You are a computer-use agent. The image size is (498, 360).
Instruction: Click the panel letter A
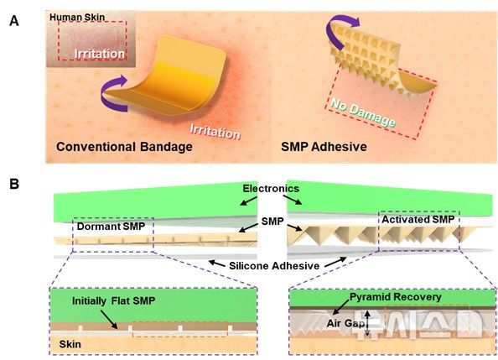coord(14,21)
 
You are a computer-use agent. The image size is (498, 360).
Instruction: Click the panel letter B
coord(14,184)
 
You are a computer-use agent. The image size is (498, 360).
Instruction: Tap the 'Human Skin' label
coord(77,17)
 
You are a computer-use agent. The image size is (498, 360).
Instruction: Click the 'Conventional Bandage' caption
coord(124,147)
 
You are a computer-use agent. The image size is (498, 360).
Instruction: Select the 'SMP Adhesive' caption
coord(324,147)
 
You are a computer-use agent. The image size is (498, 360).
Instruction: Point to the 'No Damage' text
coord(363,112)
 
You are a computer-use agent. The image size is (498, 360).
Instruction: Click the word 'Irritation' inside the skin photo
coord(100,54)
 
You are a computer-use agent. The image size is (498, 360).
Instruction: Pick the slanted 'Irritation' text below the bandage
coord(215,132)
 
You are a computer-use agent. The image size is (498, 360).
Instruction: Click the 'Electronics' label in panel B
coord(271,188)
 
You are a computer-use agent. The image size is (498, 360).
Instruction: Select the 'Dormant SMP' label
coord(111,227)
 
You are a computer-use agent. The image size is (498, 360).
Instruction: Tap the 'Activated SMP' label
coord(418,219)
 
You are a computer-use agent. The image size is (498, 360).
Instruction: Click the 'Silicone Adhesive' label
coord(274,265)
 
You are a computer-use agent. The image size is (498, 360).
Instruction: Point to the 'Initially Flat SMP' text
coord(113,300)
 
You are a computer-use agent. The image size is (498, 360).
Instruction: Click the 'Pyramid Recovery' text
coord(396,297)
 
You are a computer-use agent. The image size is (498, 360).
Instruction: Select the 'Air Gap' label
coord(345,323)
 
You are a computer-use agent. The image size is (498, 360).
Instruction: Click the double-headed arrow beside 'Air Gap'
coord(367,324)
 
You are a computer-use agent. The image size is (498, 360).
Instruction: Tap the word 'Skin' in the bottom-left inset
coord(70,344)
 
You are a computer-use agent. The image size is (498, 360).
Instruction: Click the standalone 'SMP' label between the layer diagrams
coord(272,221)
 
